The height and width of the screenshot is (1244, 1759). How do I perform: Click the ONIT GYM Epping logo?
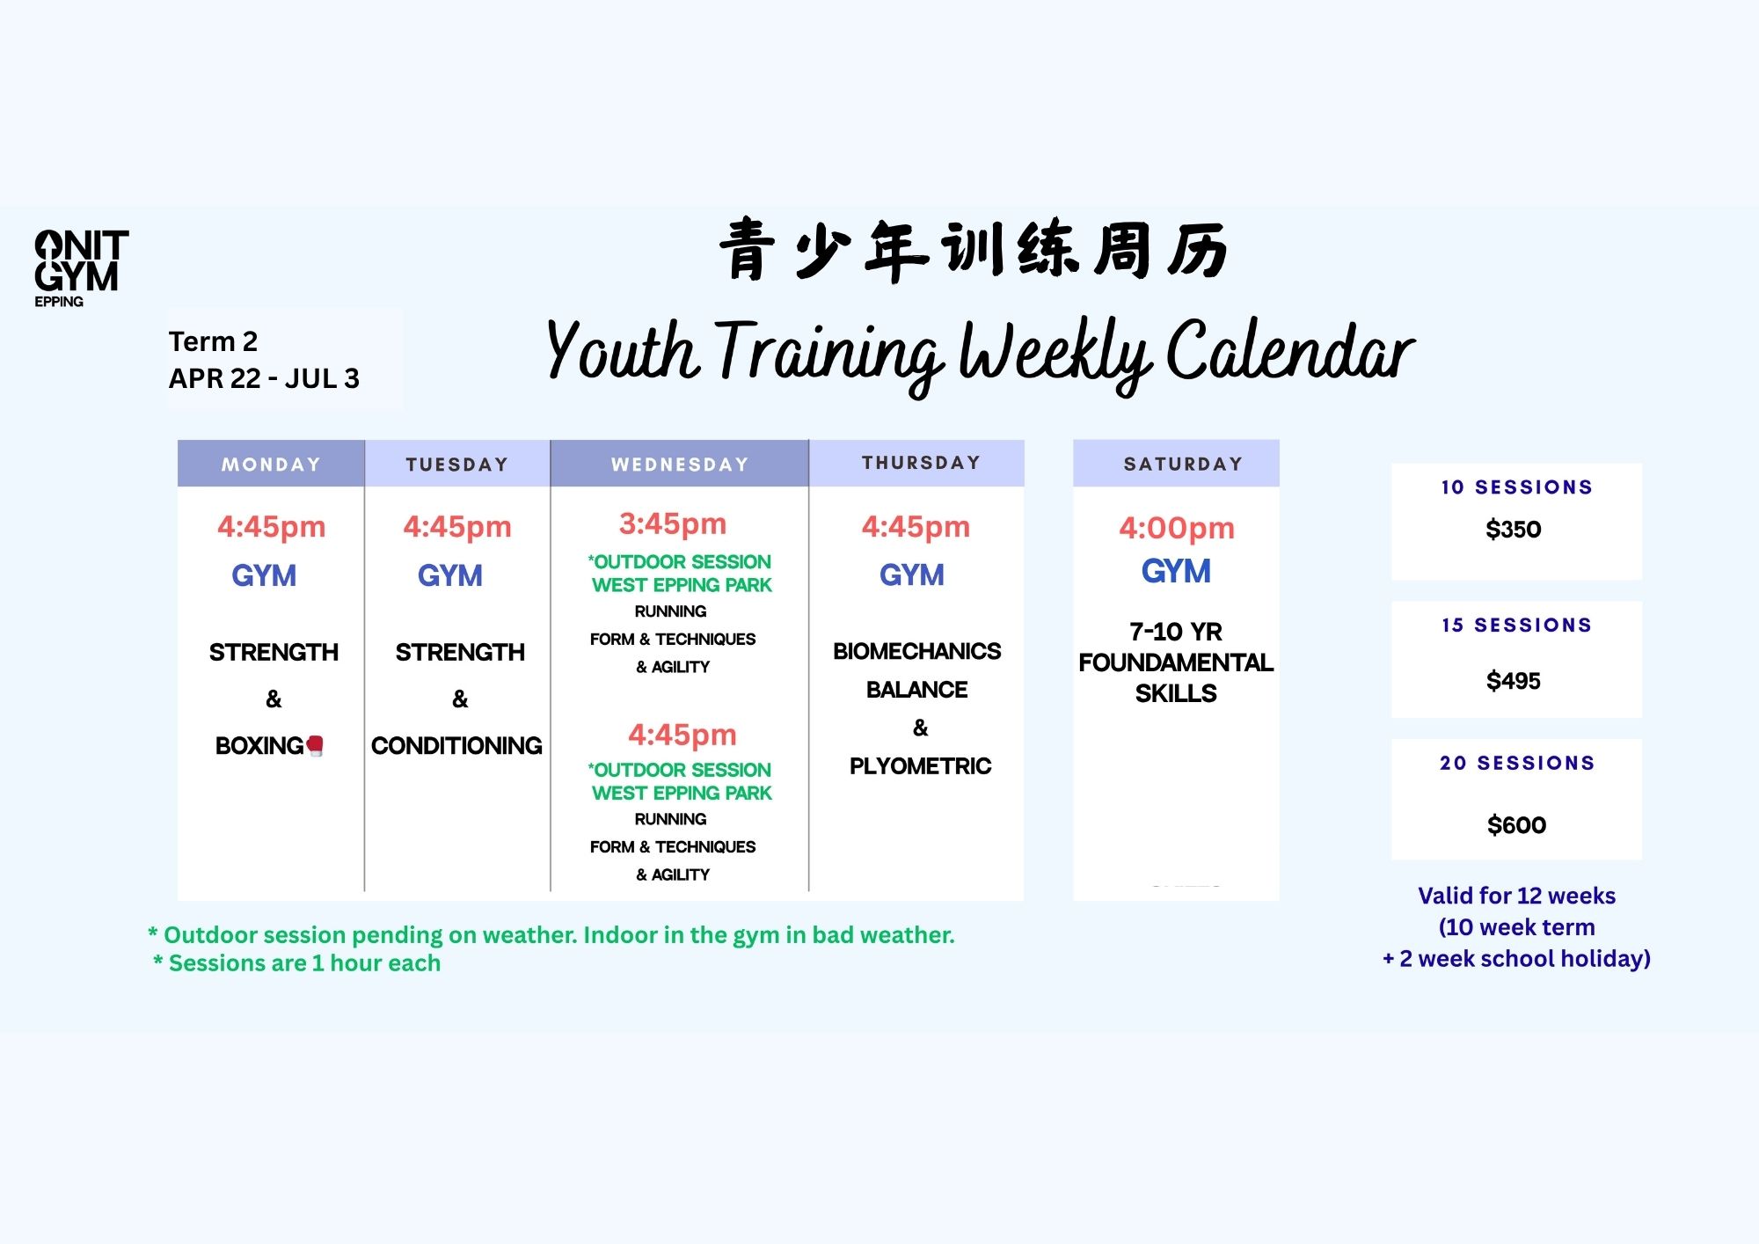tap(81, 268)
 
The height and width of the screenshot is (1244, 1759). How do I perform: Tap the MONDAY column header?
tap(271, 464)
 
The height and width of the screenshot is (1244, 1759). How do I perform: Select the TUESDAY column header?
tap(457, 464)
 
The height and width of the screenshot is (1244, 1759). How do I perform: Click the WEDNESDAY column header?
tap(680, 464)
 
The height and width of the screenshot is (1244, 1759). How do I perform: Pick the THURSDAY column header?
tap(921, 463)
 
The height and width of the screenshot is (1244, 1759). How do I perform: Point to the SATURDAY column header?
tap(1183, 464)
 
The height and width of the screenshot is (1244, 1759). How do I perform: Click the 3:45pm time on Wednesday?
tap(673, 524)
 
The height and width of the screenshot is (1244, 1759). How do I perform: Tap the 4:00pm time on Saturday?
tap(1177, 528)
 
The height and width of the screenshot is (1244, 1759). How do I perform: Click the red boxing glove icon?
tap(315, 746)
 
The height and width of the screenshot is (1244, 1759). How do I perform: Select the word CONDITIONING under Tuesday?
tap(456, 746)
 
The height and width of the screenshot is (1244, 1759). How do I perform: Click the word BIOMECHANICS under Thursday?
tap(916, 651)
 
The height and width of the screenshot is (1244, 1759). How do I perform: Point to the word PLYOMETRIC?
tap(920, 766)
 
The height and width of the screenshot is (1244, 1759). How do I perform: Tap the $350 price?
tap(1514, 530)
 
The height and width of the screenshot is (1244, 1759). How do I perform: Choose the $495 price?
tap(1514, 681)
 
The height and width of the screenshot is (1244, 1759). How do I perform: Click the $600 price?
tap(1516, 825)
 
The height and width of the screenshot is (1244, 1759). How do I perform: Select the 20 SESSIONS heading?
tap(1517, 763)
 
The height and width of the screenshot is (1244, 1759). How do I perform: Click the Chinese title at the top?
tap(974, 250)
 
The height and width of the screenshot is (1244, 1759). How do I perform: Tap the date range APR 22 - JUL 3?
tap(264, 378)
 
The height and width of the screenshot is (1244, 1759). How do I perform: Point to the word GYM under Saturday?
tap(1176, 572)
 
